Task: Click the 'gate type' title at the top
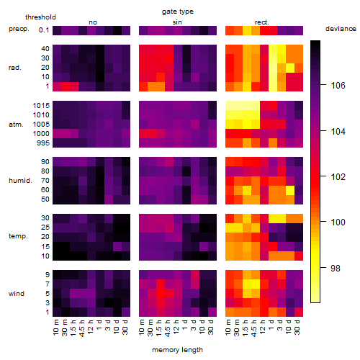[178, 12]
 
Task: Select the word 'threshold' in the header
[40, 17]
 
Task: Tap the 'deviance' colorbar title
[341, 29]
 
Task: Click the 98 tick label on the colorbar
[336, 268]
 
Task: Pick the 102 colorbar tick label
[338, 177]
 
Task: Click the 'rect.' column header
[262, 22]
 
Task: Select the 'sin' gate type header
[177, 22]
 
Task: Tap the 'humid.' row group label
[20, 181]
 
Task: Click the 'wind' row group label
[17, 294]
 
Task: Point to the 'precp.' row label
[19, 30]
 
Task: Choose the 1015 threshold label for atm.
[41, 106]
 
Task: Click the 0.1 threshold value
[44, 30]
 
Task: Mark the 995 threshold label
[43, 143]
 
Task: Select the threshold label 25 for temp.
[45, 228]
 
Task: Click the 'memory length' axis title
[177, 350]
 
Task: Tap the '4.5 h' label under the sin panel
[168, 328]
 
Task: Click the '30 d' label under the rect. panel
[297, 327]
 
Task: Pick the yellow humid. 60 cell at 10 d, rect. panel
[290, 190]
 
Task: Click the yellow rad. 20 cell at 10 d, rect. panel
[290, 68]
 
